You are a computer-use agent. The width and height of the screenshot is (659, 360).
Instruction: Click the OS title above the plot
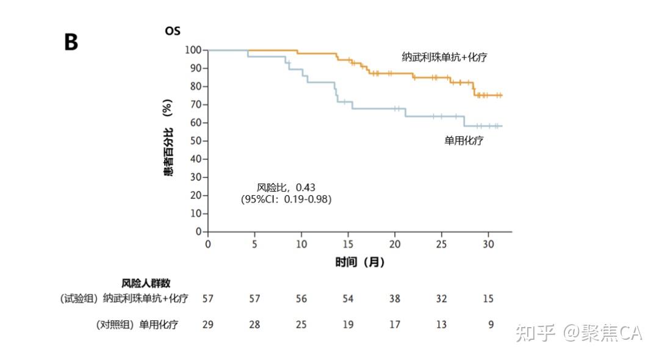[x=173, y=31]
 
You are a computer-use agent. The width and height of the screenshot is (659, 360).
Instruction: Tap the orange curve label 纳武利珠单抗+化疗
[x=444, y=57]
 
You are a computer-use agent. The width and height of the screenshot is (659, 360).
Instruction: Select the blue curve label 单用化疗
[x=464, y=140]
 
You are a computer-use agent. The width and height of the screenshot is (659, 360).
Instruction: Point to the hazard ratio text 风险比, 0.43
[x=286, y=187]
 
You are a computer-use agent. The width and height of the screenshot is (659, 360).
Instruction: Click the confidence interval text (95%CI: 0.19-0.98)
[x=286, y=199]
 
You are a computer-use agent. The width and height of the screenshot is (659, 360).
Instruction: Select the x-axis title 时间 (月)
[x=360, y=262]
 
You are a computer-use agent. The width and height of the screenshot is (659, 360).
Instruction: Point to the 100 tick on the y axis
[x=193, y=49]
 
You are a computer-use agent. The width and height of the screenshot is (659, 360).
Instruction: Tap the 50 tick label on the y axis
[x=196, y=141]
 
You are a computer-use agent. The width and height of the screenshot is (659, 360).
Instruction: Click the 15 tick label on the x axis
[x=348, y=244]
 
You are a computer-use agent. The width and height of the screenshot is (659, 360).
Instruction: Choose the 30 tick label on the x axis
[x=488, y=244]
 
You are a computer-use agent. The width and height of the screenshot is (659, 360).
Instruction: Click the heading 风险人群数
[x=146, y=283]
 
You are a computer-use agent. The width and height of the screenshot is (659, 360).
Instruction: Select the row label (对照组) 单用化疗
[x=137, y=325]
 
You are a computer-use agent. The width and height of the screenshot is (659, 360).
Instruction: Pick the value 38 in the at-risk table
[x=395, y=299]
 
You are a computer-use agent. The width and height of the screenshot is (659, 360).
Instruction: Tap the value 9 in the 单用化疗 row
[x=491, y=325]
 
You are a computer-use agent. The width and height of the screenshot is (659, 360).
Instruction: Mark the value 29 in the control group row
[x=208, y=325]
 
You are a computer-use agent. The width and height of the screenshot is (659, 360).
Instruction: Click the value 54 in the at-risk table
[x=348, y=299]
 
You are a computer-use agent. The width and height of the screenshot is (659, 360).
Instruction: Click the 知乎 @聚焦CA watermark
[x=578, y=333]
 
